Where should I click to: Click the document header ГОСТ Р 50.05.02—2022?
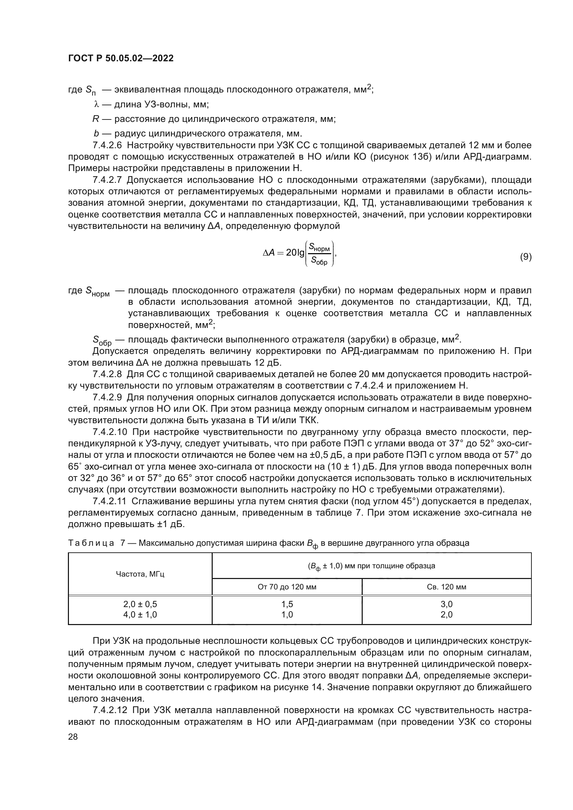pyautogui.click(x=121, y=59)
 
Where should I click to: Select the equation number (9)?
pyautogui.click(x=526, y=257)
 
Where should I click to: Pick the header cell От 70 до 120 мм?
pyautogui.click(x=287, y=587)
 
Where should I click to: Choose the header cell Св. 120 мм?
pyautogui.click(x=446, y=587)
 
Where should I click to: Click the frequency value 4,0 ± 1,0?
pyautogui.click(x=140, y=615)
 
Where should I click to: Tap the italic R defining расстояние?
pyautogui.click(x=95, y=119)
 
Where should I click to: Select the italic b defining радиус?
pyautogui.click(x=96, y=134)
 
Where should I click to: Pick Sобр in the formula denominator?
pyautogui.click(x=319, y=262)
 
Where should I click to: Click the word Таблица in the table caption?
pyautogui.click(x=91, y=543)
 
